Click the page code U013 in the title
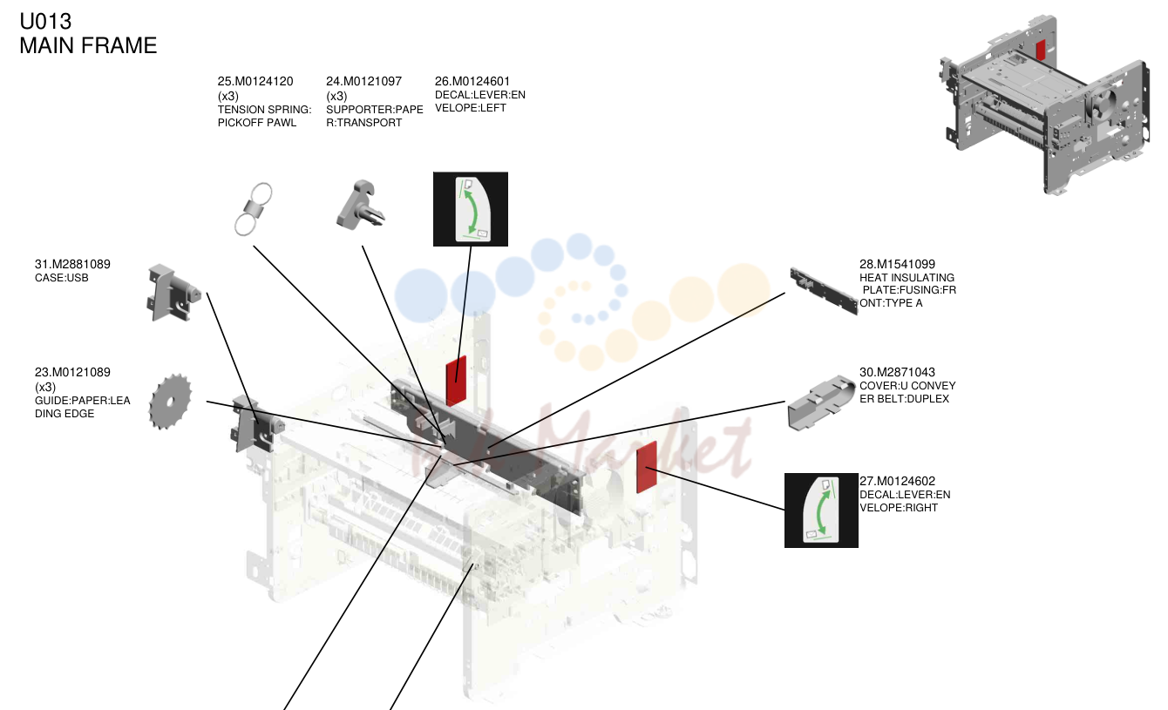(x=45, y=22)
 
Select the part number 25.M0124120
(x=255, y=81)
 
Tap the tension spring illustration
(x=254, y=209)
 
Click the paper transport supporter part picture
(x=360, y=205)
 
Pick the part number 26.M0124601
(x=472, y=81)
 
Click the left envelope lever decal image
(x=471, y=209)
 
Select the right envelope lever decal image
(x=821, y=511)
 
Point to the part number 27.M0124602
(x=897, y=481)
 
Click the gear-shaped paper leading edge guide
(x=170, y=402)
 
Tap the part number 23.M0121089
(x=72, y=372)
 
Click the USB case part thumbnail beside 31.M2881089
(x=173, y=293)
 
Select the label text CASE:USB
(x=62, y=278)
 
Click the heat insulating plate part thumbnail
(x=824, y=291)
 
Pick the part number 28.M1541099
(x=897, y=264)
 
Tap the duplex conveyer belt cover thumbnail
(x=821, y=402)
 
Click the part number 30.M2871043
(x=897, y=372)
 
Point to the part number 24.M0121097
(x=363, y=81)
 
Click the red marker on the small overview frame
(x=1040, y=50)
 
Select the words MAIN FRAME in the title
(x=88, y=46)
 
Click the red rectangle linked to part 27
(x=647, y=467)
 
